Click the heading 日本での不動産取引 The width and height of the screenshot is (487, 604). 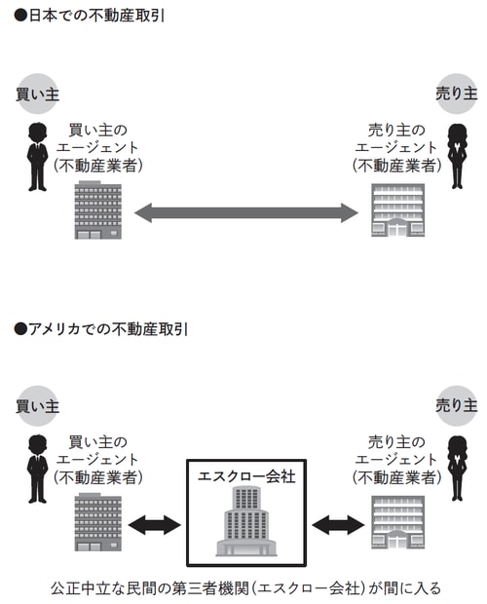pos(94,17)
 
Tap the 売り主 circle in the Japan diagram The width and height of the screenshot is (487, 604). pos(456,93)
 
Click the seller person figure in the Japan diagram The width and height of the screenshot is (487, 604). pos(456,155)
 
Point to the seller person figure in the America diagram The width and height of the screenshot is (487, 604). pos(456,468)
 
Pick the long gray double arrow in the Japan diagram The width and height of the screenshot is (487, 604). pos(245,212)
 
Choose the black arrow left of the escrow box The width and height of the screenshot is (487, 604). pos(155,525)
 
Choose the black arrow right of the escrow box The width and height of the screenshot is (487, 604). pos(337,525)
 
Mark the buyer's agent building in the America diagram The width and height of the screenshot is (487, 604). pos(97,523)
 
